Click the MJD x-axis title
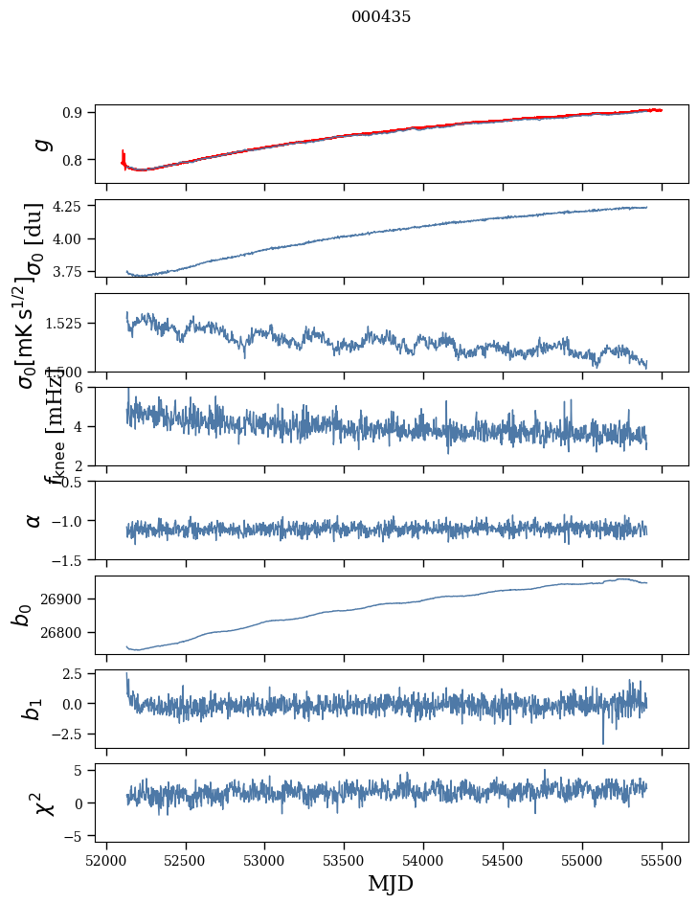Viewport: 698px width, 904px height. pyautogui.click(x=391, y=883)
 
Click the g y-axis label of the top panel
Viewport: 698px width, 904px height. pyautogui.click(x=40, y=145)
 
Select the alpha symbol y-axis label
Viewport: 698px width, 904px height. pyautogui.click(x=34, y=520)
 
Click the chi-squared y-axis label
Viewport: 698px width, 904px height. pyautogui.click(x=44, y=802)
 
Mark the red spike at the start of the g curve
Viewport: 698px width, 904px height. pyautogui.click(x=124, y=157)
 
